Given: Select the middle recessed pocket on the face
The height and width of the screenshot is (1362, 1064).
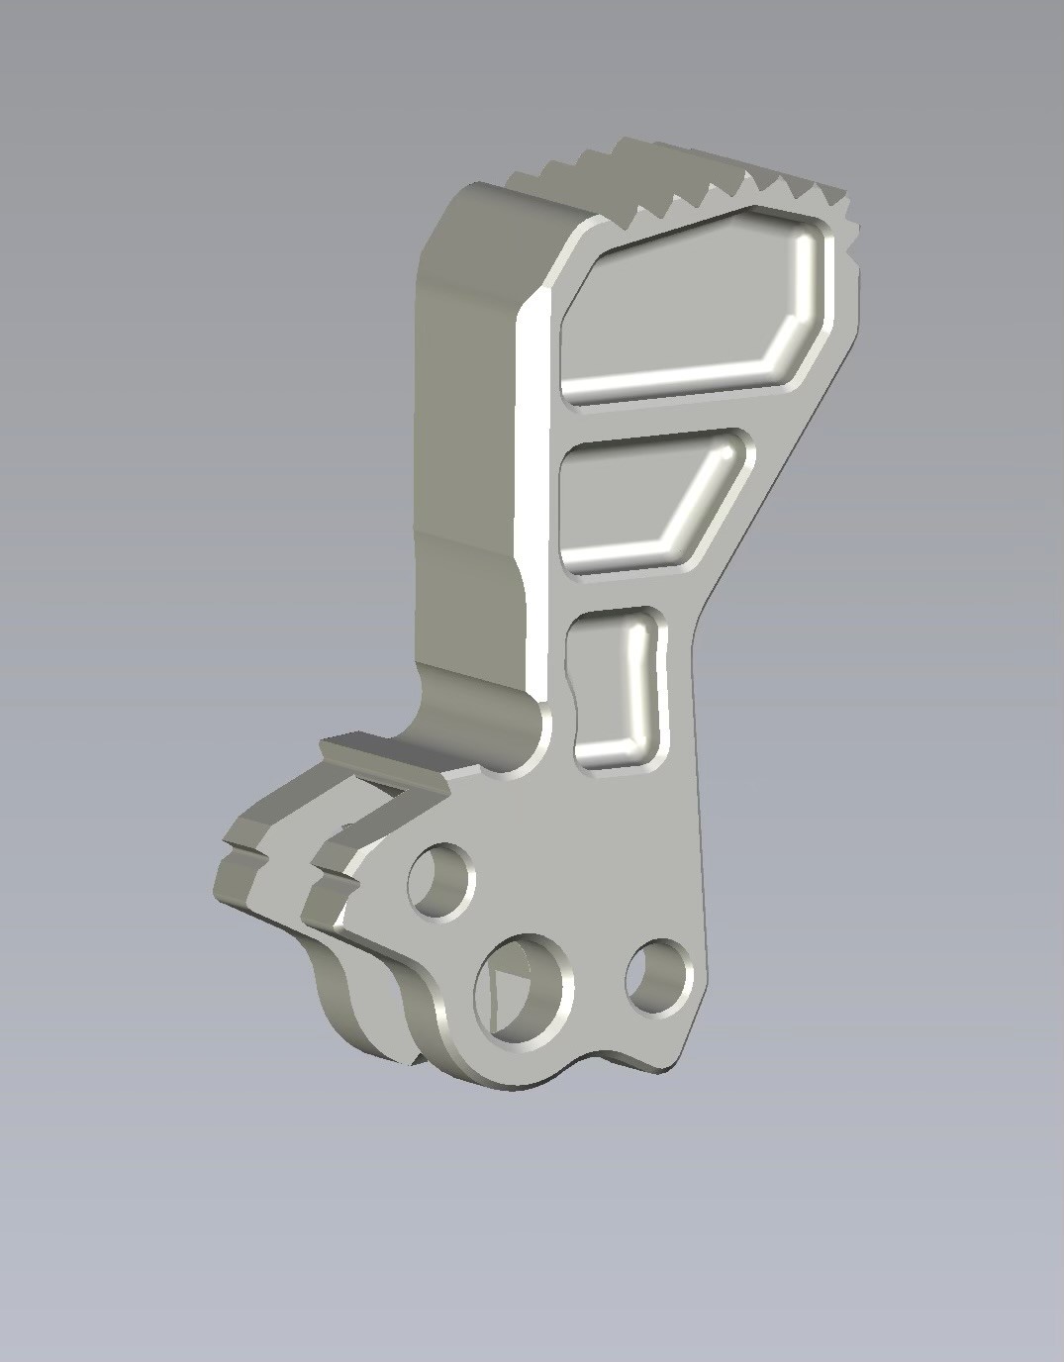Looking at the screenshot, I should tap(633, 495).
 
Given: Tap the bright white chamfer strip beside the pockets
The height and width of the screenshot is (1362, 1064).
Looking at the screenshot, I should tap(532, 495).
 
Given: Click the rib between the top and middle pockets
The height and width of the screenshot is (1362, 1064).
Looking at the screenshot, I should tap(653, 416).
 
